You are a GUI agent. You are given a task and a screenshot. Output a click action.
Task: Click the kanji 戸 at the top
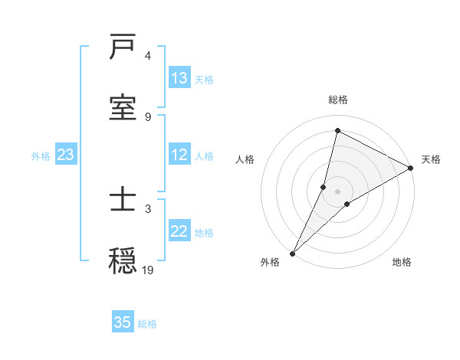coord(123,47)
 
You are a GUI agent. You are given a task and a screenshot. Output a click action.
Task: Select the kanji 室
coord(123,106)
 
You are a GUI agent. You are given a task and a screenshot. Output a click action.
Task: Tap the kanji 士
coord(123,200)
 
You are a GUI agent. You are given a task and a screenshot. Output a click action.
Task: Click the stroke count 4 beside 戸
coord(148,56)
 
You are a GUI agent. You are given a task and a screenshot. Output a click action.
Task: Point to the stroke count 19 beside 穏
coord(148,269)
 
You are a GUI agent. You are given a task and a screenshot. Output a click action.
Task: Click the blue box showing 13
coord(179,78)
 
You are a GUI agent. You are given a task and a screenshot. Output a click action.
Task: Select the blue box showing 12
coord(179,155)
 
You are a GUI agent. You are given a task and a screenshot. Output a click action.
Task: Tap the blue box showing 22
coord(179,231)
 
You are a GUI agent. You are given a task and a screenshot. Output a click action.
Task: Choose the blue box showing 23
coord(66,155)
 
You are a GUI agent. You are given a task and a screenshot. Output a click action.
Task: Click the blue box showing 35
coord(123,322)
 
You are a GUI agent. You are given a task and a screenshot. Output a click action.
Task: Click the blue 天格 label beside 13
coord(204,79)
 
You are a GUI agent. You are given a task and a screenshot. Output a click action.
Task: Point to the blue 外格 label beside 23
coord(41,155)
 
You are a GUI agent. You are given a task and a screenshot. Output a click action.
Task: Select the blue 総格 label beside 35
coord(147,323)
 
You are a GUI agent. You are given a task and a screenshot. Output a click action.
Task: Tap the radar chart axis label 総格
coord(338,100)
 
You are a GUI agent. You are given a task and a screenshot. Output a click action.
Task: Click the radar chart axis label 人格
coord(245,159)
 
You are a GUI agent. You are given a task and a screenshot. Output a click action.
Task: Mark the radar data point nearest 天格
coord(411,168)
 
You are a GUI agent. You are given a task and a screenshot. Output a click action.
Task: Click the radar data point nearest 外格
coord(293,253)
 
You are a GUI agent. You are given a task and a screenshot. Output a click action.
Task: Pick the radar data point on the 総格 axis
coord(337,130)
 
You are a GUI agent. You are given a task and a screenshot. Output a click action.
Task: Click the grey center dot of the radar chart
coord(338,191)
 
